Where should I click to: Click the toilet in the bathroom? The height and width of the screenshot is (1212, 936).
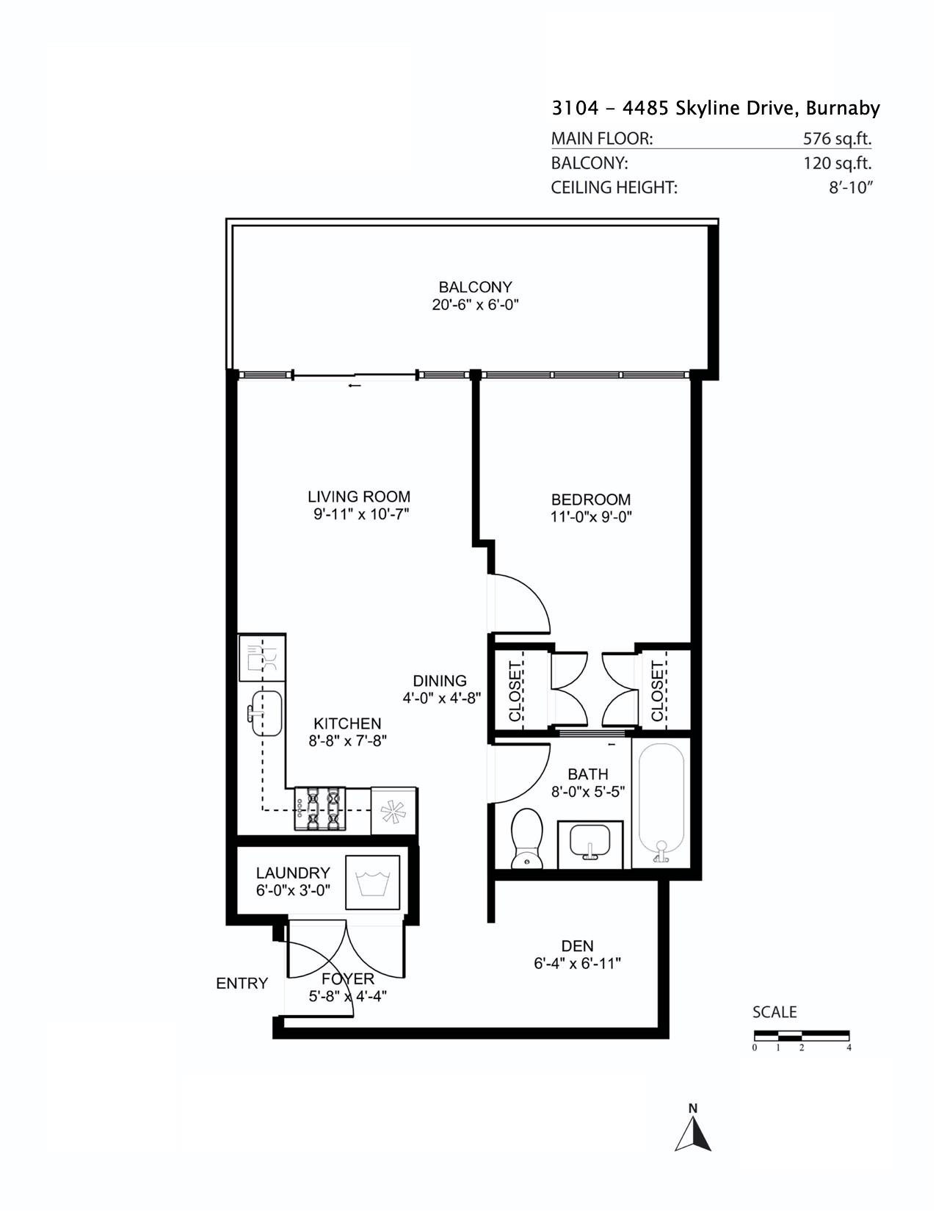point(526,837)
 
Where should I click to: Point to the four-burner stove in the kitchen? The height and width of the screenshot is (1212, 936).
point(320,809)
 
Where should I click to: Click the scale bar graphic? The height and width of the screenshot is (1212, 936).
point(801,1036)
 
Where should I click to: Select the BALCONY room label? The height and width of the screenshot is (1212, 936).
point(475,287)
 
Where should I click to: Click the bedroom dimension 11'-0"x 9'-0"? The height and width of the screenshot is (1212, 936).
point(591,516)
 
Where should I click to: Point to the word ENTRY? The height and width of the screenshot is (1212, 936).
point(242,984)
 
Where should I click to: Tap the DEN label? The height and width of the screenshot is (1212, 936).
point(577,946)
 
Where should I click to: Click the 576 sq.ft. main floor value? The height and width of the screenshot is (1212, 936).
point(837,138)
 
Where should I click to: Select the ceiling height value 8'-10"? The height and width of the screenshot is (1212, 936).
point(850,187)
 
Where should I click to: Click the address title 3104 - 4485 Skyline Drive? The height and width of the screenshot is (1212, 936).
point(715,109)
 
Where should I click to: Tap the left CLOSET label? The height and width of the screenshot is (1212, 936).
point(514,691)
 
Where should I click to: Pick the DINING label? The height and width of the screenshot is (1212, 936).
point(439,681)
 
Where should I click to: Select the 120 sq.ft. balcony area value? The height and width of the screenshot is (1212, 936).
point(837,163)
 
